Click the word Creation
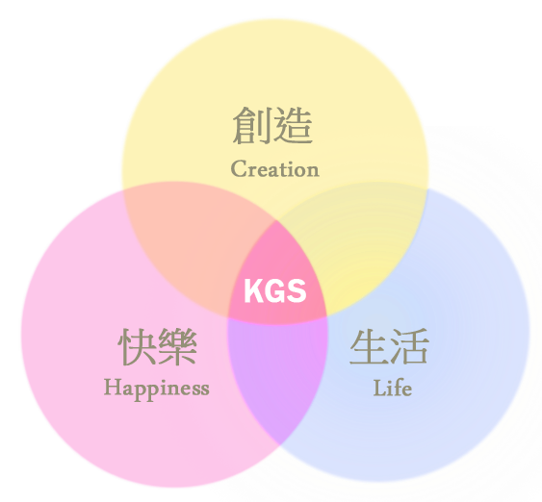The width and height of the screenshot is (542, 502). (x=274, y=168)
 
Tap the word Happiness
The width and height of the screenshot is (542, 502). (x=157, y=389)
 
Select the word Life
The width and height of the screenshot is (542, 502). (x=393, y=388)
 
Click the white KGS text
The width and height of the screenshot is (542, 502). (x=275, y=291)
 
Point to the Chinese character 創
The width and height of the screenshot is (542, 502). (x=251, y=125)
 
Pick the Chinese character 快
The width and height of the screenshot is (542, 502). (x=138, y=346)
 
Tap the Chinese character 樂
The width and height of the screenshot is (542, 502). (x=178, y=346)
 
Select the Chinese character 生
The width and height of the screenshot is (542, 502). (x=369, y=346)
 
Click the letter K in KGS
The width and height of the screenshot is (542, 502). (x=254, y=291)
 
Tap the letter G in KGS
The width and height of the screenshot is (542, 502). (x=275, y=291)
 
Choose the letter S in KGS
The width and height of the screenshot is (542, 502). (x=297, y=291)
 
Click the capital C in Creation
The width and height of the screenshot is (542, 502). (x=238, y=168)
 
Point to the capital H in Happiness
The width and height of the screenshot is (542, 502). (x=113, y=387)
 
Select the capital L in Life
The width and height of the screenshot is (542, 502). (x=380, y=388)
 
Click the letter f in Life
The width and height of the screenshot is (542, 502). (x=399, y=387)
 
